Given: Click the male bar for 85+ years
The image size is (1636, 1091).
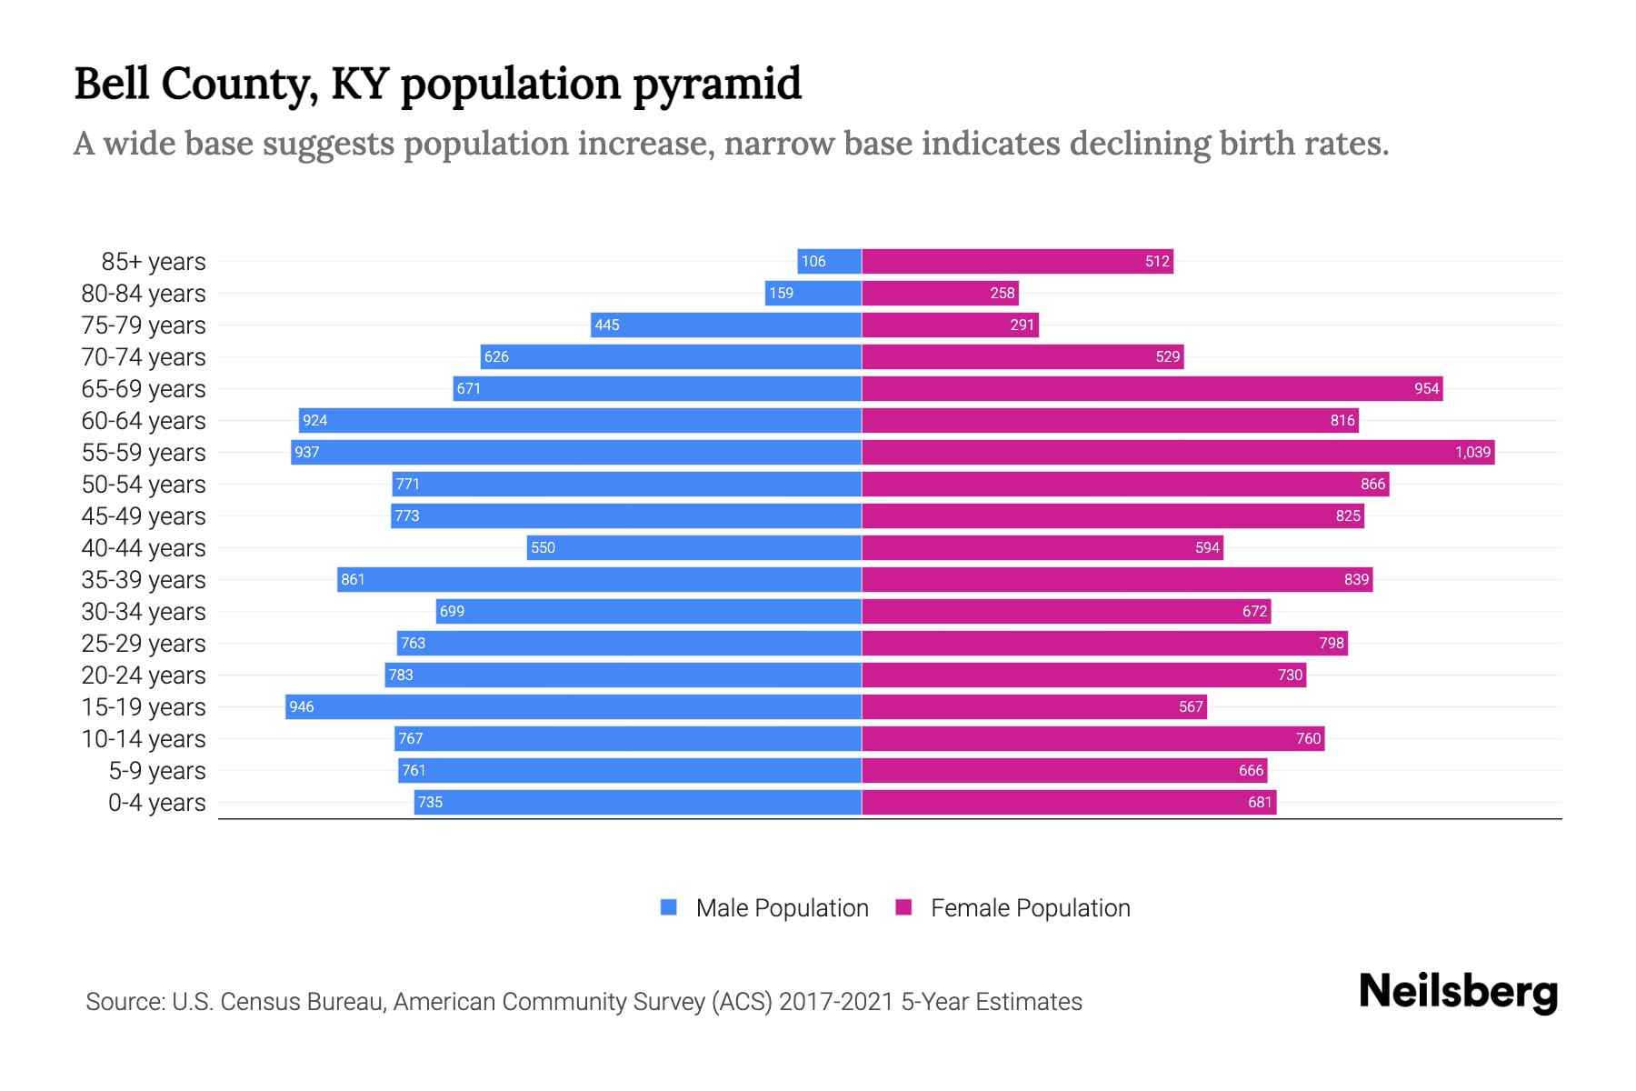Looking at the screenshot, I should click(x=830, y=262).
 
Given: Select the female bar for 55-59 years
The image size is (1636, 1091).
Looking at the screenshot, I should click(x=1178, y=453).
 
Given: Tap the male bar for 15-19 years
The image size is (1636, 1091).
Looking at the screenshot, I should click(x=574, y=707).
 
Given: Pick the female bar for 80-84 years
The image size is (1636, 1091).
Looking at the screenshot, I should click(x=940, y=294).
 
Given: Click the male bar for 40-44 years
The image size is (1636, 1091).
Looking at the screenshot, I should click(x=694, y=548).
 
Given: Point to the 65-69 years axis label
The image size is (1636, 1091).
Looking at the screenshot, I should click(x=144, y=389).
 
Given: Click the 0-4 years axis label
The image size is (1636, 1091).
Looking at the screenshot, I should click(x=156, y=803).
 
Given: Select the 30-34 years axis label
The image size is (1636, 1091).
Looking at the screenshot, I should click(x=144, y=612).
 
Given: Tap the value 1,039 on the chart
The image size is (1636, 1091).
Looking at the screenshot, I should click(x=1472, y=453).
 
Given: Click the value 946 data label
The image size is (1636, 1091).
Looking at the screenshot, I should click(x=302, y=707).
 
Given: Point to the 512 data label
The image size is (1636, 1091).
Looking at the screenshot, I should click(x=1157, y=262).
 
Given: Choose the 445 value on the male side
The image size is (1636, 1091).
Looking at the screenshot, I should click(x=607, y=325).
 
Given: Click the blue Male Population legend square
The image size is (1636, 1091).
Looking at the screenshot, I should click(x=669, y=907).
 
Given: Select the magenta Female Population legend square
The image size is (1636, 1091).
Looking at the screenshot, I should click(x=903, y=907).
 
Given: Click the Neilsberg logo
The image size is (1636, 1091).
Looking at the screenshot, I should click(x=1458, y=992).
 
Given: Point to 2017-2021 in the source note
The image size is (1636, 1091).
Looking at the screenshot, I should click(x=836, y=1002).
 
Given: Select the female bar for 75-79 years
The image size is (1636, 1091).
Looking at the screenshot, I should click(x=950, y=325).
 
